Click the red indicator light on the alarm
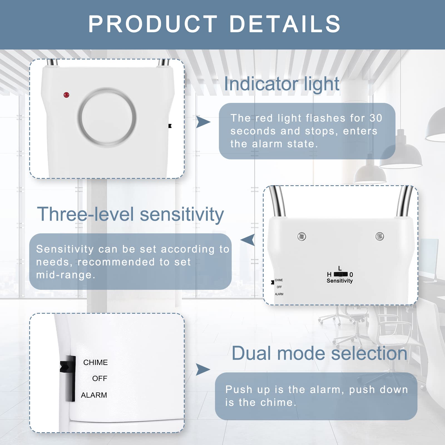[66, 95]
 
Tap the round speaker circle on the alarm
[107, 117]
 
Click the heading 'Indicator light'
[281, 84]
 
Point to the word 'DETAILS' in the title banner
[285, 24]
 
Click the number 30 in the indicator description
[376, 118]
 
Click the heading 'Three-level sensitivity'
[130, 214]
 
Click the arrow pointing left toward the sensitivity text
[248, 240]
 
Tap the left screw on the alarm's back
[301, 237]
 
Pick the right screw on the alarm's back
[379, 236]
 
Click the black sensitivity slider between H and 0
[341, 274]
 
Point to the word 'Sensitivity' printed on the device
[339, 281]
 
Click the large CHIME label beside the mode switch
[95, 362]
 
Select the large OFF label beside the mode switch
[100, 379]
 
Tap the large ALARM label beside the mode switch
[94, 395]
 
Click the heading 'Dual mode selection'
[319, 353]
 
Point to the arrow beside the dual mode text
[203, 369]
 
